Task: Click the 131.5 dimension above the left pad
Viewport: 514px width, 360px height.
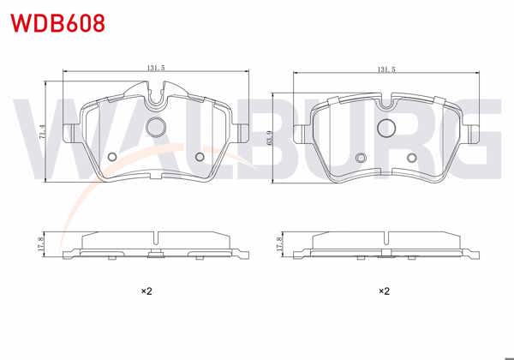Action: pos(155,70)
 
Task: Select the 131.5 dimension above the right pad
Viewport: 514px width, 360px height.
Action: pos(385,70)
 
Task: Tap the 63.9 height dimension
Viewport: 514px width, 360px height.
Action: pos(270,136)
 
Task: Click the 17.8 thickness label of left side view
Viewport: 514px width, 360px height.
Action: pos(40,244)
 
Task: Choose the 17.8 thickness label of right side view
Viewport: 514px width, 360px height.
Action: pos(278,244)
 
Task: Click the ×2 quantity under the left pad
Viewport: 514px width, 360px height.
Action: pos(146,291)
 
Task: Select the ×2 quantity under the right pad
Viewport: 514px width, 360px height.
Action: pos(385,291)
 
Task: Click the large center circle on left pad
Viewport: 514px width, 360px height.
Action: pos(156,128)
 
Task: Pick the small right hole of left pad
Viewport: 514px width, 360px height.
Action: pos(200,156)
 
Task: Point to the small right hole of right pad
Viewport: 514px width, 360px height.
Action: pos(411,157)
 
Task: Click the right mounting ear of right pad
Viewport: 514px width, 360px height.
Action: pos(475,133)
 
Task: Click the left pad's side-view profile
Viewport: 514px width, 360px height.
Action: pos(156,245)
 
